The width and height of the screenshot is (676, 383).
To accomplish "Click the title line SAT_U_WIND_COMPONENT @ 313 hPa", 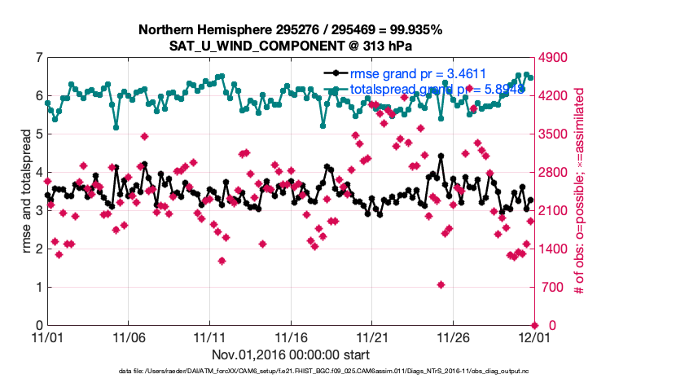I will click(291, 45).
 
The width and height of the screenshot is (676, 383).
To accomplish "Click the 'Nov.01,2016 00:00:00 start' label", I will click(291, 354).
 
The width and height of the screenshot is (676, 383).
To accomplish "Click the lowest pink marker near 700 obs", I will click(441, 284).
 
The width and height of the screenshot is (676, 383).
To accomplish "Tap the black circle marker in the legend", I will click(334, 74).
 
